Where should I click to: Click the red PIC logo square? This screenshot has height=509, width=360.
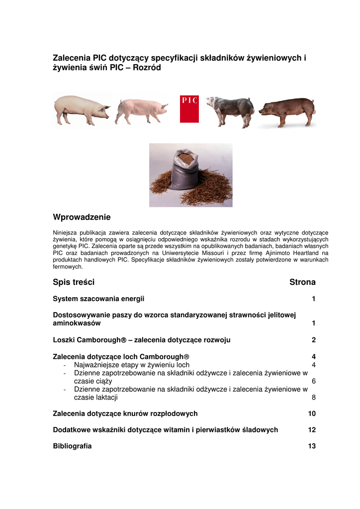tap(189, 109)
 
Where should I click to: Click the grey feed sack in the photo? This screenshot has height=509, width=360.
tap(184, 171)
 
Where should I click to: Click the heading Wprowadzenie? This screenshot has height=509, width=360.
tap(82, 217)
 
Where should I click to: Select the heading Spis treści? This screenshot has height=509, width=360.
tap(74, 282)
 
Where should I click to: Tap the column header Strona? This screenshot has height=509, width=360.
tap(302, 282)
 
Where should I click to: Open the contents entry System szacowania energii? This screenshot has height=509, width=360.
tap(99, 299)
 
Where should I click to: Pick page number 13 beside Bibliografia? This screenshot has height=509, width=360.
tap(312, 446)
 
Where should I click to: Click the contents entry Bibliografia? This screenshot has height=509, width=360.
tap(72, 446)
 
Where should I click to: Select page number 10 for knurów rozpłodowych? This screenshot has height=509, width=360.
tap(312, 414)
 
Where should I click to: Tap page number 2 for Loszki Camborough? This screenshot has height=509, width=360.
tap(314, 340)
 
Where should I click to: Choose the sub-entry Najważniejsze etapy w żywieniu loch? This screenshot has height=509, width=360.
tap(131, 365)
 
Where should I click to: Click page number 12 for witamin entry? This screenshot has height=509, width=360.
tap(312, 430)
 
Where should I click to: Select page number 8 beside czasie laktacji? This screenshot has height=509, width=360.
tap(314, 398)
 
